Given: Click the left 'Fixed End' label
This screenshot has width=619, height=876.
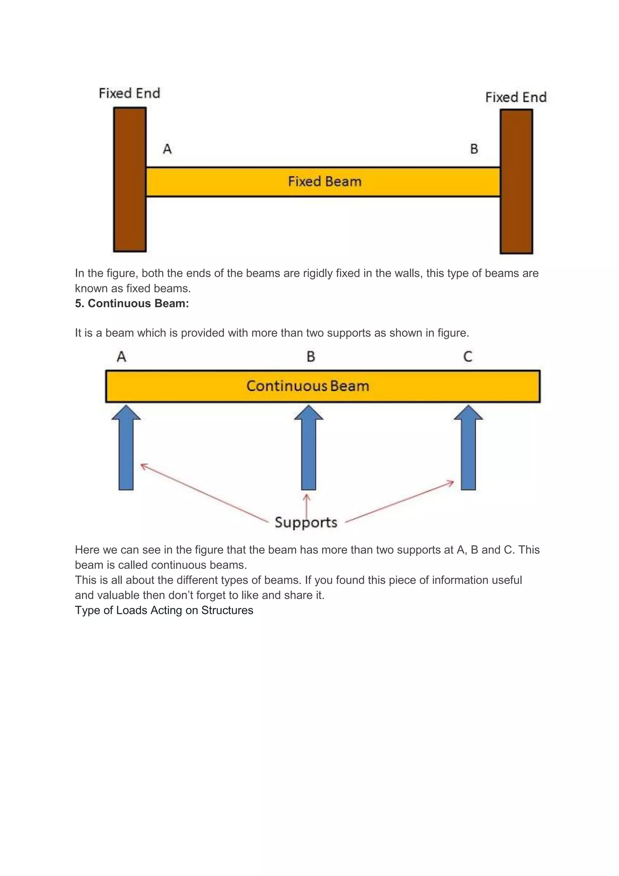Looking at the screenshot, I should pos(129,93).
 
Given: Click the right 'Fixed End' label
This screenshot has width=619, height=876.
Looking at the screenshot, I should pos(516,97).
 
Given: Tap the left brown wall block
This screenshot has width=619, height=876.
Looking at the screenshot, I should pos(130,179).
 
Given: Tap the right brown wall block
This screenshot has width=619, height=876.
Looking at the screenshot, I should pos(516,182).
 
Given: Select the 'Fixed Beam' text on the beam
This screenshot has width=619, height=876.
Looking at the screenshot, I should pos(324,181).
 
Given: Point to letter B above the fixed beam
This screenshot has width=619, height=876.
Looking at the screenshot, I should pos(474,149).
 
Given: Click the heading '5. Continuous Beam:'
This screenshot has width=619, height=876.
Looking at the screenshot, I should pos(132,303).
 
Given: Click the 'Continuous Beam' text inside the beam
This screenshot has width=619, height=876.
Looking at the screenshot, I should pos(308,386).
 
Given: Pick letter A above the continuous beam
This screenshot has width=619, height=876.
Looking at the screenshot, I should pos(121,357).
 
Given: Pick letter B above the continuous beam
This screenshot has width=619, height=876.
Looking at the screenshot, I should pos(311,357).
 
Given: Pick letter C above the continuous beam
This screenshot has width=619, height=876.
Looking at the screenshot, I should pos(468,357).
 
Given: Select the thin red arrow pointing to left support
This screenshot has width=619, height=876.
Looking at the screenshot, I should pos(204,492).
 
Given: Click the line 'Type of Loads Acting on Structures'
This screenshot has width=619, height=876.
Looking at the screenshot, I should pos(164,610).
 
